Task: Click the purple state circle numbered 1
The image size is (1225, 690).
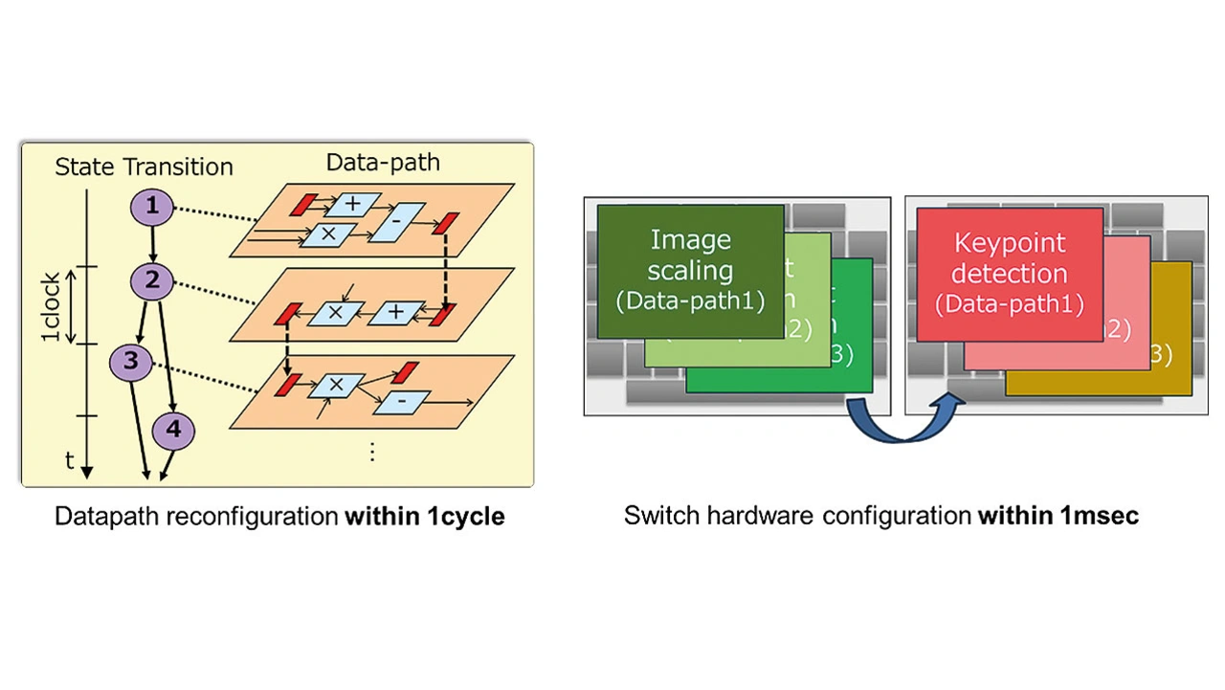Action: tap(151, 207)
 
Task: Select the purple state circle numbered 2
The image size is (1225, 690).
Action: tap(151, 281)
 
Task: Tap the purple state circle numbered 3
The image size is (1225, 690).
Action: tap(130, 361)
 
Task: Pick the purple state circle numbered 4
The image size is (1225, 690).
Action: tap(173, 431)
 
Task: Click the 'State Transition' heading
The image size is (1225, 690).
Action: tap(144, 167)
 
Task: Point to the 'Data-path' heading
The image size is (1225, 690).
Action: tap(383, 162)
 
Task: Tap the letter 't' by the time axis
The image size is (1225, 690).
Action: tap(69, 460)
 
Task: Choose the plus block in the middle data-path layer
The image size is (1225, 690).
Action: tap(395, 312)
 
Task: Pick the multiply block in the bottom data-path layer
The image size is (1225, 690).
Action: tap(336, 386)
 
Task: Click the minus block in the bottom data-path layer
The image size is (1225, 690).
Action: tap(400, 403)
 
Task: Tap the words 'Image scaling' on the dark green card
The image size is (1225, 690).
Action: tap(690, 254)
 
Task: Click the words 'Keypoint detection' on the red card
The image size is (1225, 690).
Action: tap(1010, 258)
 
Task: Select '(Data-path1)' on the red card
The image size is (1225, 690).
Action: tap(1010, 304)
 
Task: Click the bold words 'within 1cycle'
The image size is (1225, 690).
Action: tap(425, 517)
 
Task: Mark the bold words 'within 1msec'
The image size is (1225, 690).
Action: tap(1058, 517)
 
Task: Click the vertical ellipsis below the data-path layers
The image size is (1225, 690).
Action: tap(372, 452)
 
